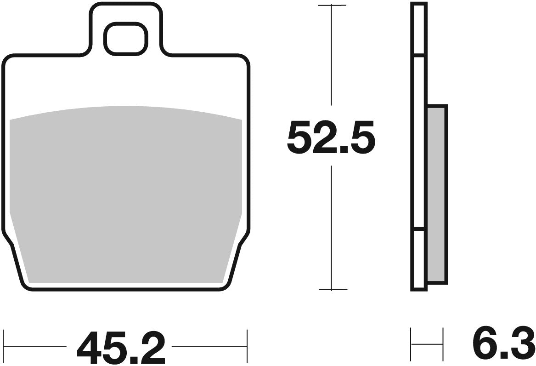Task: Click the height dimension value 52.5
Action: tap(331, 137)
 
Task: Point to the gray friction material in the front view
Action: tap(125, 193)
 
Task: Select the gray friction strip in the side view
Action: tap(436, 193)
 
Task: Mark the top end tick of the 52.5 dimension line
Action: tap(332, 6)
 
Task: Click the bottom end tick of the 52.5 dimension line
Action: tap(332, 290)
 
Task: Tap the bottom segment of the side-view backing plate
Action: tap(418, 260)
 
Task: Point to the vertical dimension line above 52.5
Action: tap(332, 55)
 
